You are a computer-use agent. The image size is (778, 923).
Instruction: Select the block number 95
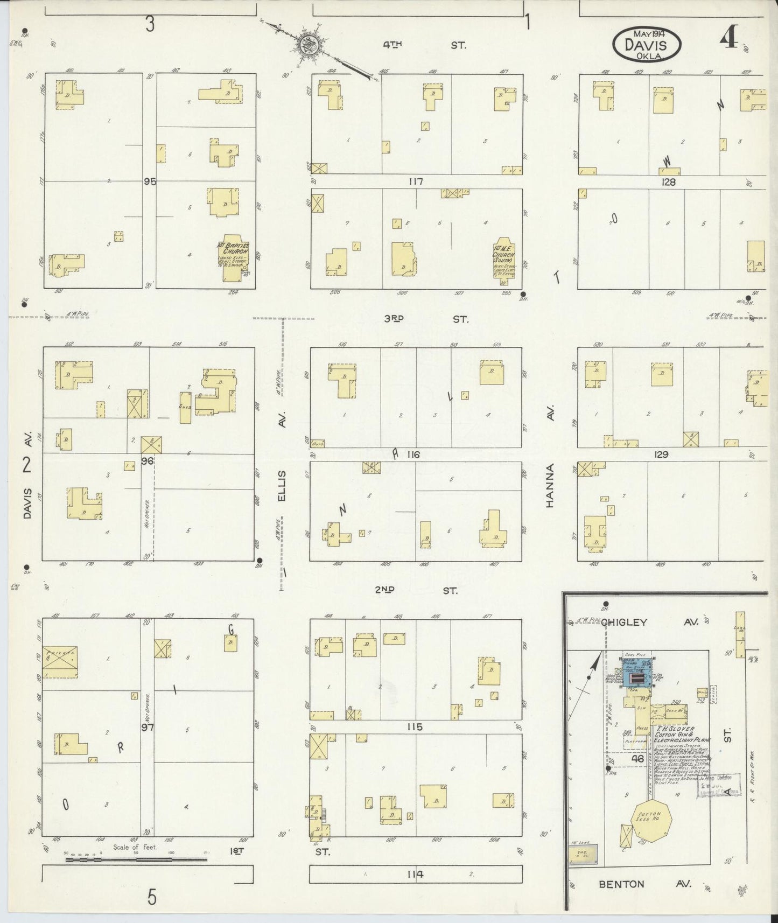(x=150, y=182)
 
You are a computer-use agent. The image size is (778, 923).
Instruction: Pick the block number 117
(x=416, y=182)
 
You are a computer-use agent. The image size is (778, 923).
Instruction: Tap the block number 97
(x=148, y=728)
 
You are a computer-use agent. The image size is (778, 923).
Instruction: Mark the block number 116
(x=413, y=455)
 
